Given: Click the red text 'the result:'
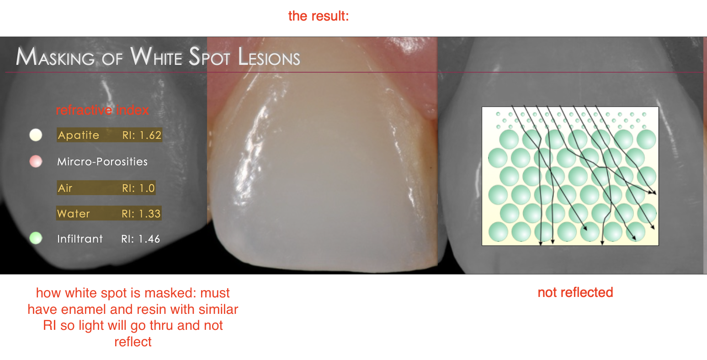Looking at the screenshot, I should pos(319,16).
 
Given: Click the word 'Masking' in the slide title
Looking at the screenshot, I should pos(55,58).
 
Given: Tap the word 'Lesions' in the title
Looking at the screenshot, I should pos(269,58).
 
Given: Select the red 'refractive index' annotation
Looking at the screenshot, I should pos(102,110).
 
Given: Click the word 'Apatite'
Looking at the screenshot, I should pos(79,135).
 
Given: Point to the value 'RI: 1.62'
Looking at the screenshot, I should pos(142,135).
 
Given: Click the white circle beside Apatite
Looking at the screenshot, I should pos(36,135).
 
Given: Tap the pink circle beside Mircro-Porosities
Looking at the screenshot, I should pos(36,161).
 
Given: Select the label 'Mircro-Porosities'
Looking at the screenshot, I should pos(102,162).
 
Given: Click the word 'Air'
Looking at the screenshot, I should pos(65,188).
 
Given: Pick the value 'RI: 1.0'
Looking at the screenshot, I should pos(138,188).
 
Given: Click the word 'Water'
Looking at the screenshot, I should pos(74,214).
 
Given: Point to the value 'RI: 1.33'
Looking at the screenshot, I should pos(141,214).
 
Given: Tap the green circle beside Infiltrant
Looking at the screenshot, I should pos(36,238).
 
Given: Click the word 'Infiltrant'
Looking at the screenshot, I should pos(80,239).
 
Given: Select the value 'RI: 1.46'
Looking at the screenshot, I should pos(141,239).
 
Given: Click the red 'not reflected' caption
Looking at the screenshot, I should pos(575,292).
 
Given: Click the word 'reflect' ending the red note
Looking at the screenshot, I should pos(133,342).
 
